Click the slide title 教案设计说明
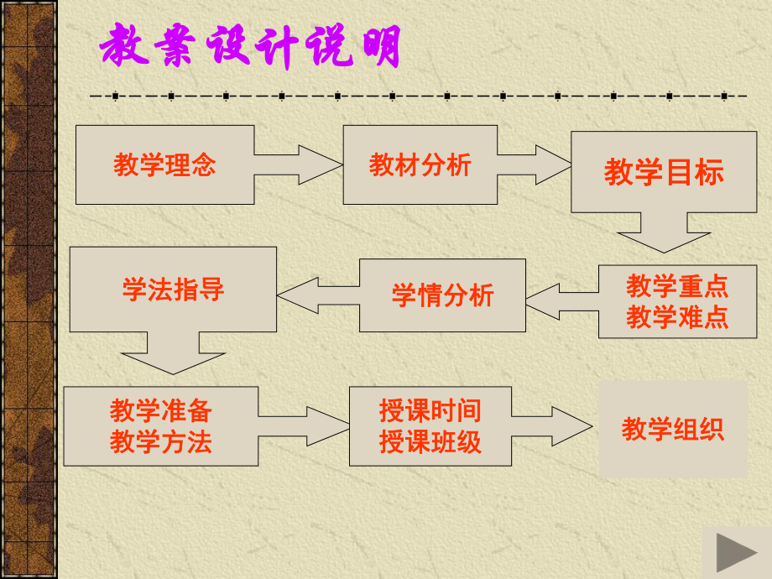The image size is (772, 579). click(x=250, y=48)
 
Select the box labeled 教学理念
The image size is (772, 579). click(x=164, y=164)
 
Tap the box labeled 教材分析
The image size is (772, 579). click(x=420, y=164)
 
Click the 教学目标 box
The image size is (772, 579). click(x=663, y=172)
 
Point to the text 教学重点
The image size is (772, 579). click(x=676, y=287)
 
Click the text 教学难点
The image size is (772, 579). click(x=676, y=318)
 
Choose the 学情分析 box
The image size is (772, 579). click(x=442, y=295)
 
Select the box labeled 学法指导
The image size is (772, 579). click(x=173, y=289)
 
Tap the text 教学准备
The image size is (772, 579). click(x=160, y=410)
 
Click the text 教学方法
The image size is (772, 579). click(x=160, y=441)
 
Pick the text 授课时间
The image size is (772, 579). click(x=430, y=410)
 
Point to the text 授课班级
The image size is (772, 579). click(x=430, y=441)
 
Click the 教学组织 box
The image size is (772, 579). click(x=672, y=430)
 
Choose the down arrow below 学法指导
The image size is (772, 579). click(x=174, y=352)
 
